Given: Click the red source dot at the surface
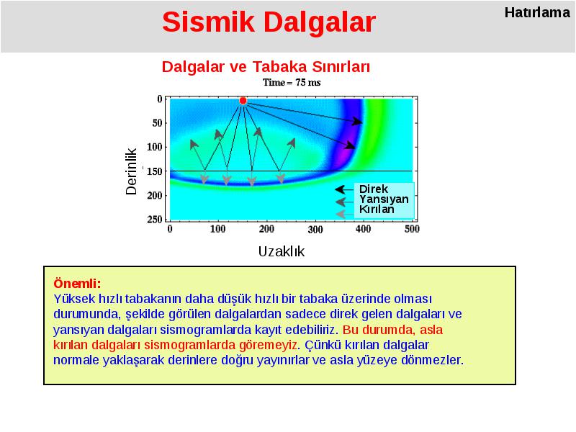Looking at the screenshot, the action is tap(243, 101).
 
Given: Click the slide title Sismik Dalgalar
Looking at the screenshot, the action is tap(269, 22).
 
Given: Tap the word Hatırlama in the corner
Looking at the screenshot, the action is tap(537, 12).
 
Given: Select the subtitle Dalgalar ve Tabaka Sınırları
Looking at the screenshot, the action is tap(266, 67).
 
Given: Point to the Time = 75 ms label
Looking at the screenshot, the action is tap(292, 82).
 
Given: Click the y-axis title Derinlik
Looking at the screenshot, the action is tap(131, 171).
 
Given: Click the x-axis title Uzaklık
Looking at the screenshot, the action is tap(282, 251).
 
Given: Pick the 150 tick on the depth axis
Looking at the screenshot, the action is tap(155, 171).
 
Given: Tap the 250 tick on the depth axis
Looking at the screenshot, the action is tap(155, 220).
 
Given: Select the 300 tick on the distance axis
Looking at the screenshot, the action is tap(315, 230).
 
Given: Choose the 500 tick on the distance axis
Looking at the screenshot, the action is tap(412, 229).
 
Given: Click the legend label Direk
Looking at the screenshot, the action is tap(374, 189).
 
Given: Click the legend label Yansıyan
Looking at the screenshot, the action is tap(384, 199).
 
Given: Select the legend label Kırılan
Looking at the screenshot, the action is tap(377, 210).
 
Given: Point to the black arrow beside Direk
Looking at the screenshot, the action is tap(344, 189).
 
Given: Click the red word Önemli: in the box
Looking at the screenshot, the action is tap(77, 284).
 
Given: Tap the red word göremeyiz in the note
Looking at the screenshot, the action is tap(268, 345).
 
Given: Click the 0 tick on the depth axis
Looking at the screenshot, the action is tap(160, 99).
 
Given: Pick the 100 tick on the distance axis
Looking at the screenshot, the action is tap(218, 229).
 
